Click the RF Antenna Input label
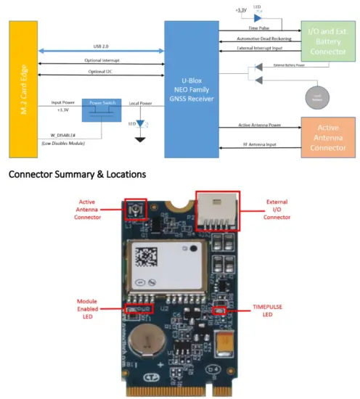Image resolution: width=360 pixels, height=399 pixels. click(x=258, y=145)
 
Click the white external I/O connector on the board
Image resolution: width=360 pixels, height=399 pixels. click(x=218, y=213)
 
